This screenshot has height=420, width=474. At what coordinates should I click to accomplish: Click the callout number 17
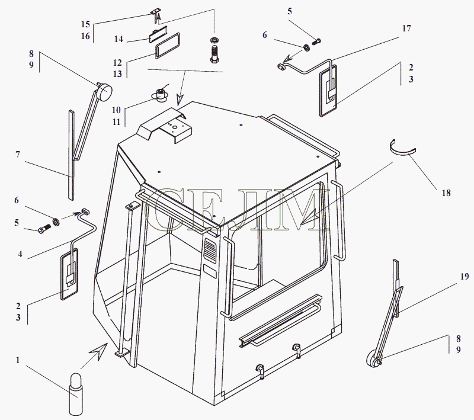[406, 28]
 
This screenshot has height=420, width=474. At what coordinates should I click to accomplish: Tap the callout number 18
[446, 193]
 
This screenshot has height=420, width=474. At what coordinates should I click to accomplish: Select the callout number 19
[465, 276]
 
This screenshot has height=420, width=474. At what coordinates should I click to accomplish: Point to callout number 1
[18, 360]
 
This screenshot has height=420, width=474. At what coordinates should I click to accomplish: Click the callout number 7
[18, 155]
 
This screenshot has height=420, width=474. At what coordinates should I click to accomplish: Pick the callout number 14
[118, 39]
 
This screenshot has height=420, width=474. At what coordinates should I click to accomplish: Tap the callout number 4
[20, 254]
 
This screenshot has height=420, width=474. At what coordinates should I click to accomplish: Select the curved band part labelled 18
[402, 148]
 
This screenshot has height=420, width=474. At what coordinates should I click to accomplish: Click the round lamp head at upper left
[105, 90]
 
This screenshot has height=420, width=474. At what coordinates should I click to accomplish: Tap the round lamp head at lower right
[374, 360]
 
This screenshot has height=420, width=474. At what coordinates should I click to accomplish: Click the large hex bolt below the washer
[214, 54]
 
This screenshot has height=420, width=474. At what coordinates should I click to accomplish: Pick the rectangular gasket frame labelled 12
[168, 46]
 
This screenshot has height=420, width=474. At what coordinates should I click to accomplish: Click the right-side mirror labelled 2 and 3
[328, 92]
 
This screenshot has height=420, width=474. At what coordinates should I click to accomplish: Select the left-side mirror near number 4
[69, 274]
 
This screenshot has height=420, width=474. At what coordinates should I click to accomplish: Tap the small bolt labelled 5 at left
[44, 229]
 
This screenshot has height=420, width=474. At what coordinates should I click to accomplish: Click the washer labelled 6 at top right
[306, 47]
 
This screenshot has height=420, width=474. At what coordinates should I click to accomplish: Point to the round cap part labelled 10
[159, 94]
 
